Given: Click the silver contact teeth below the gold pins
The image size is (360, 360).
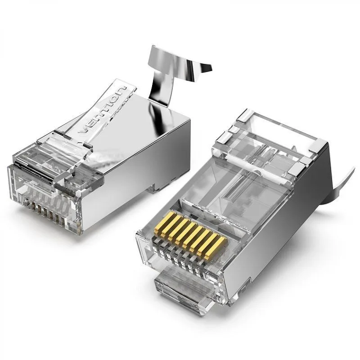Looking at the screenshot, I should [x=180, y=256].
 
